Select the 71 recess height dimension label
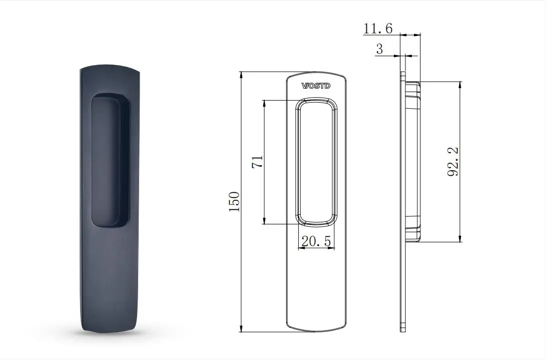pyautogui.click(x=257, y=162)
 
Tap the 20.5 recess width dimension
pyautogui.click(x=316, y=241)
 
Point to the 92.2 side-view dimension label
pyautogui.click(x=453, y=162)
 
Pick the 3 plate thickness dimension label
pyautogui.click(x=379, y=49)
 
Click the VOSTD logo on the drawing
pyautogui.click(x=316, y=86)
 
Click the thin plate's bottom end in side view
pyautogui.click(x=402, y=328)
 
